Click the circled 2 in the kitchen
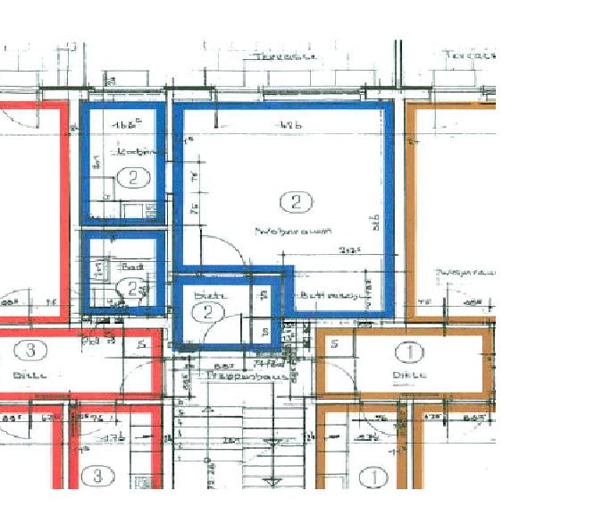(x=133, y=177)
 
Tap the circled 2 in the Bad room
(x=131, y=288)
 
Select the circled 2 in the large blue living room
(x=295, y=201)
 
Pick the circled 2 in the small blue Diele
(x=208, y=311)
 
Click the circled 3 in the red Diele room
(x=31, y=350)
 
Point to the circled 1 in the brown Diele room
(x=411, y=351)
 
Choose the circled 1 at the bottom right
(x=375, y=477)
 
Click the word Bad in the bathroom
(x=133, y=266)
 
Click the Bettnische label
(x=328, y=294)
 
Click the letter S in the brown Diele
(x=334, y=343)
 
